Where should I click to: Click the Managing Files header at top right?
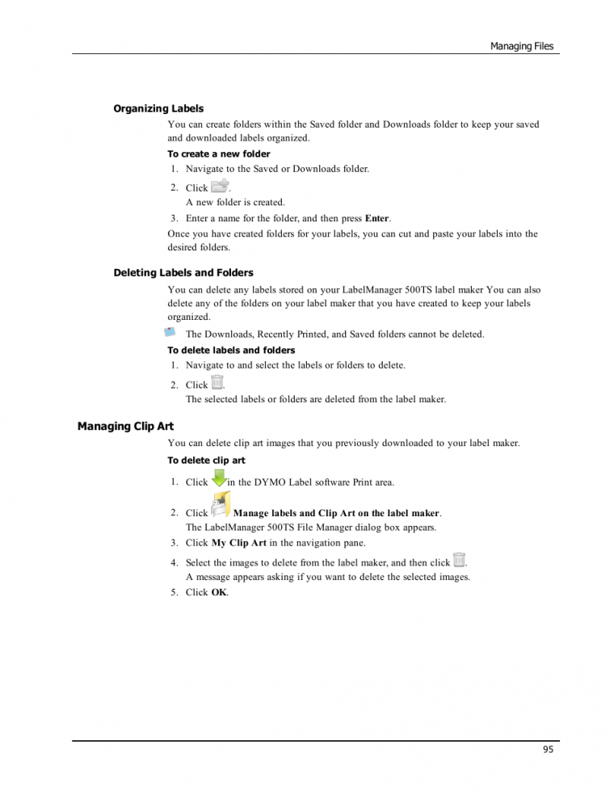point(522,46)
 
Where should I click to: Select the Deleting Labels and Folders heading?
point(183,273)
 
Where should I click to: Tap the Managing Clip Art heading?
point(125,426)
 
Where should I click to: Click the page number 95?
point(548,750)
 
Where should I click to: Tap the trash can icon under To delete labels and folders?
point(217,383)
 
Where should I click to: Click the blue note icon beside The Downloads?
point(170,332)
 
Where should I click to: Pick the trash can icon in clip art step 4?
point(460,561)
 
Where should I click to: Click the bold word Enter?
point(377,218)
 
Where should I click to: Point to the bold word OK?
point(219,592)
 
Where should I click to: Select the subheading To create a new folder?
point(218,154)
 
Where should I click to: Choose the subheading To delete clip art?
point(206,461)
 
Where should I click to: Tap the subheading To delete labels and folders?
point(231,351)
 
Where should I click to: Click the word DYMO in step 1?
point(277,482)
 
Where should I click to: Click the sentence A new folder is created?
point(235,203)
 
